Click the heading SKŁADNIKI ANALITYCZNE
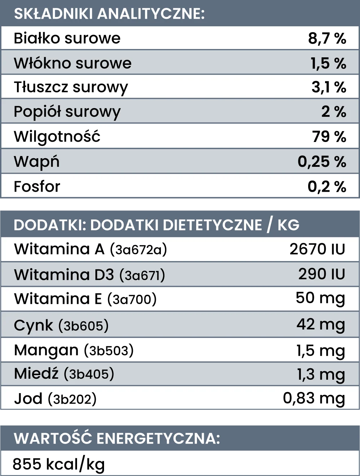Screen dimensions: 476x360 click(x=109, y=14)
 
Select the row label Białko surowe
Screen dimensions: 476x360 click(x=67, y=38)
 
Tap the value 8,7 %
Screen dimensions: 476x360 click(x=327, y=38)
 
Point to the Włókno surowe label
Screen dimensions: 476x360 click(x=73, y=63)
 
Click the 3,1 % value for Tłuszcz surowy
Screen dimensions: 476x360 click(x=329, y=87)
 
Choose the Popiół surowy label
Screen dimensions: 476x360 click(x=67, y=112)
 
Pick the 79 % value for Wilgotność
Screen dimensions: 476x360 click(x=329, y=137)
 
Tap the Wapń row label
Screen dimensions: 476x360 click(x=36, y=162)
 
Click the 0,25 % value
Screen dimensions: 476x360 click(x=322, y=162)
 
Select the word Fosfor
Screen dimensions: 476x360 click(x=37, y=187)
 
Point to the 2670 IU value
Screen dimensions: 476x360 click(x=317, y=249)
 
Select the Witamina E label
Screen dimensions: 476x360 click(x=58, y=299)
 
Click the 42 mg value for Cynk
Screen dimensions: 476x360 click(x=321, y=325)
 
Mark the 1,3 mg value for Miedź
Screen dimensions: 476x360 click(x=321, y=375)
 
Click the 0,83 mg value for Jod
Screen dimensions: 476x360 click(x=314, y=399)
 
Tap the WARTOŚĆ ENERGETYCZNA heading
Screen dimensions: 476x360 click(x=117, y=439)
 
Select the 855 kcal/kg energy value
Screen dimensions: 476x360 click(x=59, y=464)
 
